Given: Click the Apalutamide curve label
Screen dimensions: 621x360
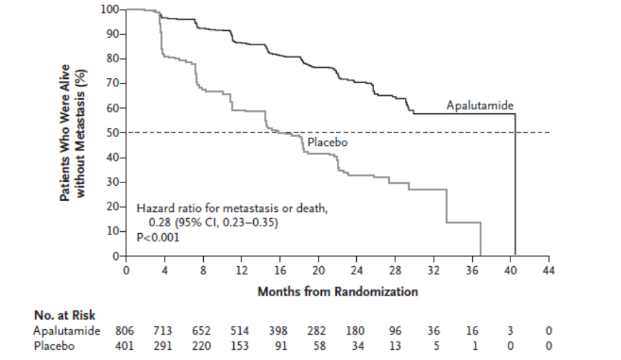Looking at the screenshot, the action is click(x=480, y=106).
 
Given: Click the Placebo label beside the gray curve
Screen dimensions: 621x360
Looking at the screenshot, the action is click(x=327, y=143).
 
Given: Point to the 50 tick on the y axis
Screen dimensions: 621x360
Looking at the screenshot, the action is click(x=123, y=132).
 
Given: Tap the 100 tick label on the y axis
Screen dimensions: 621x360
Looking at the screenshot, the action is click(x=110, y=9).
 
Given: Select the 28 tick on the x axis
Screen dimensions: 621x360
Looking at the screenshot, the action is click(x=395, y=259).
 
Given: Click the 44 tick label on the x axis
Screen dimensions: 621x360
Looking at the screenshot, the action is click(x=548, y=271).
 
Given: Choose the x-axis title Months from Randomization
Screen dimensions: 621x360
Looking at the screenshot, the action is click(x=338, y=292).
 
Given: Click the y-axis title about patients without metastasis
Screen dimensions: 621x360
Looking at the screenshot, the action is click(x=73, y=132).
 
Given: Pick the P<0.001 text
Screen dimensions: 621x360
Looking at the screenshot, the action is click(x=158, y=237).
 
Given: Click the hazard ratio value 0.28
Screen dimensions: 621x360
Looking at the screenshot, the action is click(x=160, y=223).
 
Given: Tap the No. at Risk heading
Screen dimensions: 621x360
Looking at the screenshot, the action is click(x=65, y=315).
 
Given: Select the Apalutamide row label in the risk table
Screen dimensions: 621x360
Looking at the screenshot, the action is click(x=67, y=331).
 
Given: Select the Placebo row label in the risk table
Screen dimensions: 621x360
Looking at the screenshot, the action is click(x=54, y=346).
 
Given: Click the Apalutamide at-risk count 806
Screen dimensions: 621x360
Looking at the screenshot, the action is click(x=125, y=331).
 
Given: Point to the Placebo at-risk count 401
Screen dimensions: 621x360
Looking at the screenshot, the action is click(x=125, y=346).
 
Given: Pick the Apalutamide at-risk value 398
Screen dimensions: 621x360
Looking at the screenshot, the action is click(x=278, y=331).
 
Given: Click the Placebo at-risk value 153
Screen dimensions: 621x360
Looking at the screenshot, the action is click(x=239, y=346).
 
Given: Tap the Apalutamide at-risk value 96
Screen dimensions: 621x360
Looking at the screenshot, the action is click(x=395, y=331).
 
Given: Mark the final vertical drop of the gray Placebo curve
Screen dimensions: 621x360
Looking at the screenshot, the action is click(x=480, y=239).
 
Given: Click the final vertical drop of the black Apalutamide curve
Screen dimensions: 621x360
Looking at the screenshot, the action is click(x=515, y=184).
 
